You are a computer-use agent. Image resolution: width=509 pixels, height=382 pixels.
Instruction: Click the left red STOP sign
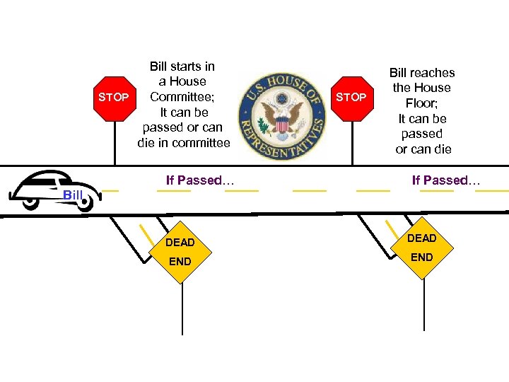click(114, 97)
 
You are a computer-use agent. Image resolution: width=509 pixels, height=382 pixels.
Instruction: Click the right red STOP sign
click(351, 97)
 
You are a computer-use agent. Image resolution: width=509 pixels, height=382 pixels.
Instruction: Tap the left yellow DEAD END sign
click(181, 252)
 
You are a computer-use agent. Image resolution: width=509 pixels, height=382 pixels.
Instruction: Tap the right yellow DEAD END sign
click(422, 247)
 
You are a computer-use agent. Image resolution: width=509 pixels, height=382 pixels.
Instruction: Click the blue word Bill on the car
click(73, 195)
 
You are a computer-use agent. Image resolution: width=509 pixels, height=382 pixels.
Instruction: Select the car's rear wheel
click(30, 202)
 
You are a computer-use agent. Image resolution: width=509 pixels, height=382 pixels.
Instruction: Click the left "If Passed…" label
click(200, 180)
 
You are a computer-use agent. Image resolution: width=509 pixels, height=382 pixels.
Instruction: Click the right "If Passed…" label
click(446, 180)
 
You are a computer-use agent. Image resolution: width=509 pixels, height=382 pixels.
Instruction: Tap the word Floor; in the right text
click(422, 103)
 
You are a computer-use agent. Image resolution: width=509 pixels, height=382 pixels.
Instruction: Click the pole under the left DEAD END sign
click(182, 311)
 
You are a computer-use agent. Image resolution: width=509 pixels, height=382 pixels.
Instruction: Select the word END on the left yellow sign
click(180, 262)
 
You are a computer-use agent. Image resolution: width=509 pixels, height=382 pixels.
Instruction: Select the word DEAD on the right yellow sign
click(421, 238)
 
